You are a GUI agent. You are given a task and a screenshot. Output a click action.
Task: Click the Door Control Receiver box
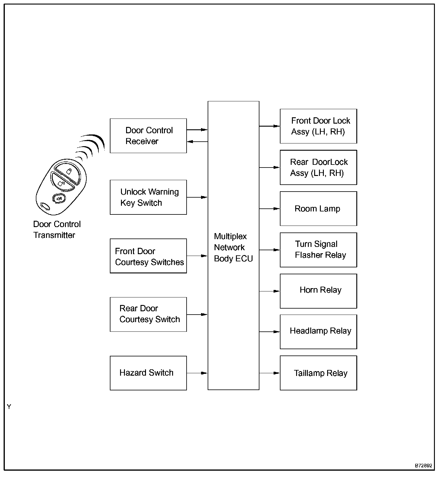click(x=148, y=136)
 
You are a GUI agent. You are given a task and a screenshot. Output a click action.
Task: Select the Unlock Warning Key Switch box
click(x=148, y=197)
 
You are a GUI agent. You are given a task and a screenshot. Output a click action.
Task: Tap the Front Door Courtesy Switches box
click(x=148, y=256)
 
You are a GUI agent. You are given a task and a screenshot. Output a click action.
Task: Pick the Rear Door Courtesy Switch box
click(x=148, y=314)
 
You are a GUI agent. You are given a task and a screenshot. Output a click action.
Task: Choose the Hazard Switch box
click(x=148, y=373)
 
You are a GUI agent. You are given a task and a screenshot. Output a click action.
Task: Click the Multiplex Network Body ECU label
click(x=233, y=247)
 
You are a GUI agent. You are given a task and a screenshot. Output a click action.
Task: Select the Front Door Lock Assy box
click(x=318, y=126)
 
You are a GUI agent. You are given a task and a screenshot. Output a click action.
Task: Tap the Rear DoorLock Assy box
click(x=318, y=167)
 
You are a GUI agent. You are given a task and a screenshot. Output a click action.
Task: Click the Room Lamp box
click(x=318, y=208)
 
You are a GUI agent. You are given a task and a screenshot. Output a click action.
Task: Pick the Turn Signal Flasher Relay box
click(x=318, y=250)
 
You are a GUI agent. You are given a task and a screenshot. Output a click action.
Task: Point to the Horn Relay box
click(x=318, y=291)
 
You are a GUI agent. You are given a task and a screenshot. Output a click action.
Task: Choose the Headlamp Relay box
click(x=318, y=332)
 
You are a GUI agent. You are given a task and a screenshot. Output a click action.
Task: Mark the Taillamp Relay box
click(x=318, y=373)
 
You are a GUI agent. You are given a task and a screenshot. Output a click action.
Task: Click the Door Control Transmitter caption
click(x=57, y=229)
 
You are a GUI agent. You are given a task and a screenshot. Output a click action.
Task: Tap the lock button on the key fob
click(x=69, y=172)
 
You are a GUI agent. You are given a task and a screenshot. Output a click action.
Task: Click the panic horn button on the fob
click(x=59, y=198)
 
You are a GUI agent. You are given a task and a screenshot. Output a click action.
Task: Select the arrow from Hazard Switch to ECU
click(x=197, y=373)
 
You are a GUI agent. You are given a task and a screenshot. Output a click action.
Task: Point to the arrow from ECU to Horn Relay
click(x=269, y=291)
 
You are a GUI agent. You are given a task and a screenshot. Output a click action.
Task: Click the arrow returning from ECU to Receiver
click(x=197, y=141)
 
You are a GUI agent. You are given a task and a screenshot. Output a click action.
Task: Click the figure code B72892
click(x=423, y=466)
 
